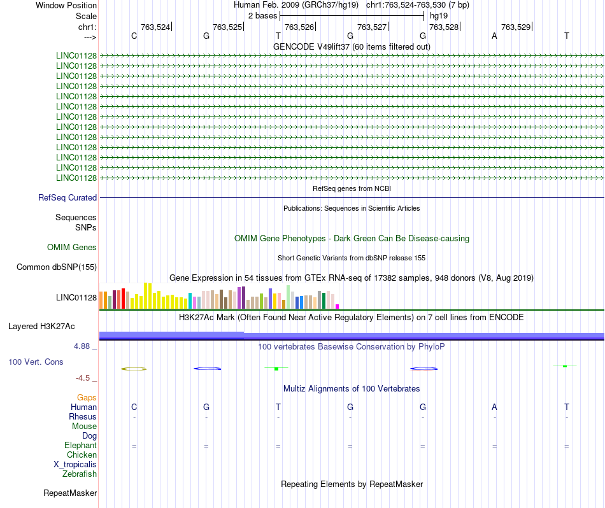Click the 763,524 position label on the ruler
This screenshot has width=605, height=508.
(155, 27)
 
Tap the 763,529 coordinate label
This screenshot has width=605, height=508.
(516, 27)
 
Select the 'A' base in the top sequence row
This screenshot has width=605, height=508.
(494, 36)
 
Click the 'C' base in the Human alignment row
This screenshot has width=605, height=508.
(134, 407)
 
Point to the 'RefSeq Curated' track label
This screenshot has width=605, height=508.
(68, 197)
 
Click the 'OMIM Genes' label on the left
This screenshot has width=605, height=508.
(72, 247)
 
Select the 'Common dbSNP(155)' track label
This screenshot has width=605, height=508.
(57, 267)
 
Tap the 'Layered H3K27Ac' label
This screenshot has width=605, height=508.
(41, 326)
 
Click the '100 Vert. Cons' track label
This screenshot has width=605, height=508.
(35, 362)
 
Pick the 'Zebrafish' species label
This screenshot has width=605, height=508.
(80, 474)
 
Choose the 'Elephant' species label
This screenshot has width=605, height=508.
(80, 445)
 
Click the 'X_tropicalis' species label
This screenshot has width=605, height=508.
(75, 464)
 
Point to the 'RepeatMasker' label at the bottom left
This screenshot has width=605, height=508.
(70, 493)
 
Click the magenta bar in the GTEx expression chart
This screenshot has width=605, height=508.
(338, 306)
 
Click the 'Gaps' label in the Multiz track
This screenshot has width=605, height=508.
(87, 397)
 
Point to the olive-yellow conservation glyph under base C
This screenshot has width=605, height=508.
(134, 369)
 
